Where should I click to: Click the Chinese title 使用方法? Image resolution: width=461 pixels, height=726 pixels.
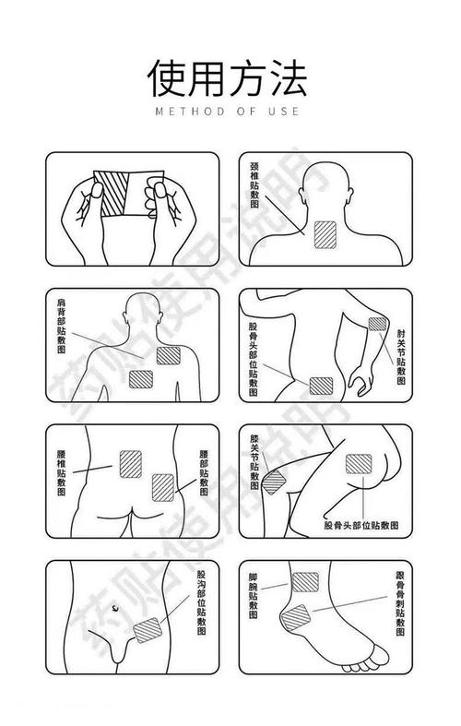tap(227, 77)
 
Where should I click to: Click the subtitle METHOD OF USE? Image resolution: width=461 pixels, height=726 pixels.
tap(227, 111)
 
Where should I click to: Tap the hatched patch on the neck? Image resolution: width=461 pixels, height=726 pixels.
tap(325, 234)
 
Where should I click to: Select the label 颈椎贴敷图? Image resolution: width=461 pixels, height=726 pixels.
tap(254, 185)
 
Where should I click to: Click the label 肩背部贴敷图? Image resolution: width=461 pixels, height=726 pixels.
tap(62, 326)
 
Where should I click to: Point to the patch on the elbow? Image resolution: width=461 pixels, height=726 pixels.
tap(377, 324)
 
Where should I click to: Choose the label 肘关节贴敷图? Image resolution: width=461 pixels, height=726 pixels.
tap(401, 356)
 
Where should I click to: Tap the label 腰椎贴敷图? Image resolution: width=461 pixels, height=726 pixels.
tap(62, 472)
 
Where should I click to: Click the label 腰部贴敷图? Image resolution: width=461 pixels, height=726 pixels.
tap(204, 472)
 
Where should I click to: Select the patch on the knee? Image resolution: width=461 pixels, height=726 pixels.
tap(273, 482)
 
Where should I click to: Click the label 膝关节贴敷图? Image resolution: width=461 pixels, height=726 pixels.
tap(254, 461)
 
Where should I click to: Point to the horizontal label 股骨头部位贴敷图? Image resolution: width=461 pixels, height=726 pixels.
tap(361, 525)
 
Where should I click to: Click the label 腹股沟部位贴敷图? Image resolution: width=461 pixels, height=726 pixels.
tap(201, 601)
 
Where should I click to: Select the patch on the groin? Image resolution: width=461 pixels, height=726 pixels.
tap(148, 630)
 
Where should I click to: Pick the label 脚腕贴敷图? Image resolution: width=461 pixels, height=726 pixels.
tap(254, 596)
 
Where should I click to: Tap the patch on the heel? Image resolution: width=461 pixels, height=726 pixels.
tap(296, 618)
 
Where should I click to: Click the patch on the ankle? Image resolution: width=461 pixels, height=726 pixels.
tap(305, 582)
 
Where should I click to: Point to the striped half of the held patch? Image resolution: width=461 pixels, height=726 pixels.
tap(112, 194)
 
